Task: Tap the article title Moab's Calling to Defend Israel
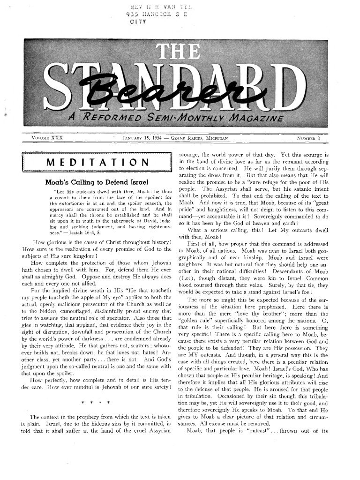click(x=97, y=181)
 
